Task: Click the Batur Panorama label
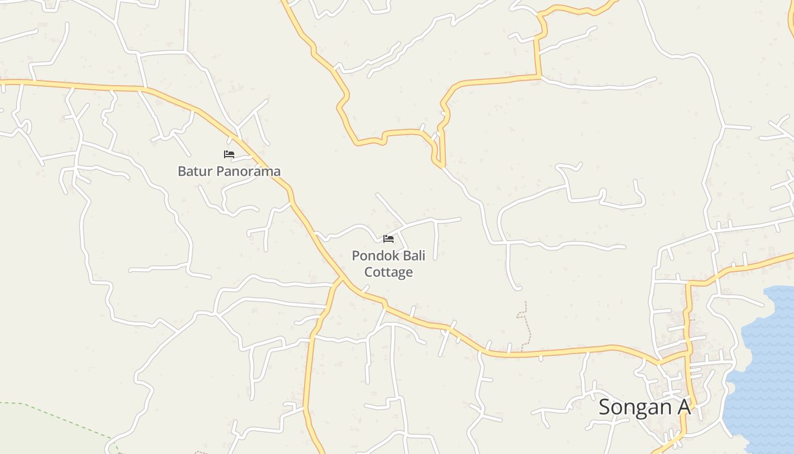pyautogui.click(x=229, y=171)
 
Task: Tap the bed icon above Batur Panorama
pyautogui.click(x=229, y=154)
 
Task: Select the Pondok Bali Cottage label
pyautogui.click(x=388, y=264)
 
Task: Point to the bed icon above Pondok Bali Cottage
pyautogui.click(x=388, y=239)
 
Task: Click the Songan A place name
pyautogui.click(x=645, y=407)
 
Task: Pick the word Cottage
pyautogui.click(x=388, y=272)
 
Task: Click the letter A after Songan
pyautogui.click(x=684, y=407)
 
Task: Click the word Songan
pyautogui.click(x=635, y=407)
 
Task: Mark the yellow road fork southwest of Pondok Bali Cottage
pyautogui.click(x=341, y=279)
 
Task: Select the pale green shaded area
pyautogui.click(x=34, y=431)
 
